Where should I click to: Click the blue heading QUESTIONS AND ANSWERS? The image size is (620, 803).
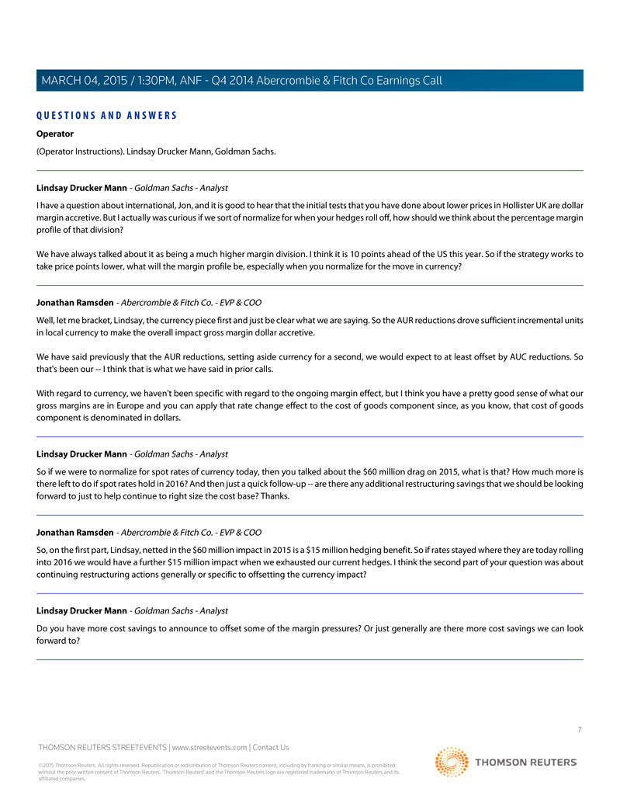tap(106, 116)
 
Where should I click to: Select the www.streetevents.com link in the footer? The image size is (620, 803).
tap(210, 748)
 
